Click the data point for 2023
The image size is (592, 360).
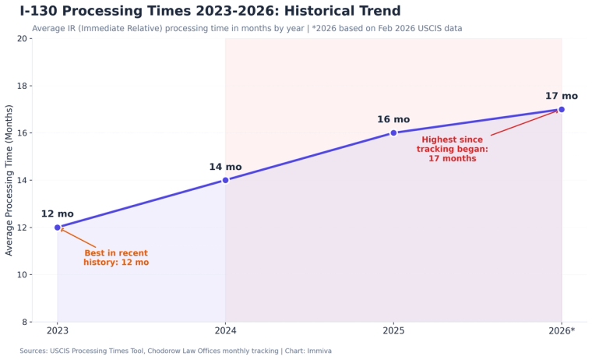(58, 228)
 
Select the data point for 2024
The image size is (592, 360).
(226, 180)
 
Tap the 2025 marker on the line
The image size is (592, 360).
(393, 132)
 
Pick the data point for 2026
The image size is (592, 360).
(562, 109)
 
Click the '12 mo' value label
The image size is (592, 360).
(58, 214)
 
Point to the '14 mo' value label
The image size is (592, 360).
(225, 167)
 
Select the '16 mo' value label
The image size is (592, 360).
(393, 120)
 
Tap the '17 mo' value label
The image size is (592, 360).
(561, 97)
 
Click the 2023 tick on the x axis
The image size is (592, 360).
(58, 331)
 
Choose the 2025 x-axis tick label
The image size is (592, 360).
(393, 331)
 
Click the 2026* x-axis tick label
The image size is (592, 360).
(562, 331)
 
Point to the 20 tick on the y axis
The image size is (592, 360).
(23, 39)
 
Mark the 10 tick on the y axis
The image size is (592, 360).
(23, 275)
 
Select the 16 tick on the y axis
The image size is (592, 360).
(23, 133)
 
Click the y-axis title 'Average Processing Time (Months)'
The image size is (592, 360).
(9, 180)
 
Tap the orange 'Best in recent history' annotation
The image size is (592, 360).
(116, 258)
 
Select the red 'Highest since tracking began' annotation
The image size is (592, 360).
(452, 149)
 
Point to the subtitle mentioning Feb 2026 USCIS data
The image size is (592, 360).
(247, 29)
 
